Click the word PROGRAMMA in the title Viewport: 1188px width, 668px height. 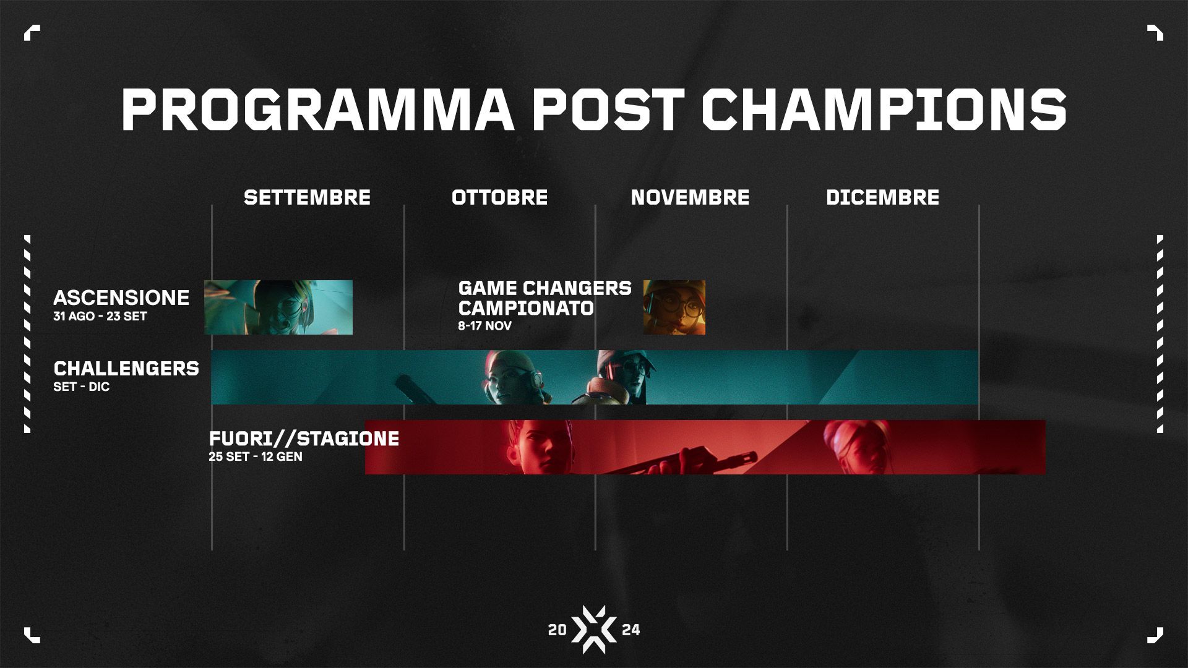pyautogui.click(x=317, y=109)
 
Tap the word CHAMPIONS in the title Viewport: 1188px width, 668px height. pyautogui.click(x=884, y=109)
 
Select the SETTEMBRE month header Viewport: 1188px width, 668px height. pyautogui.click(x=307, y=197)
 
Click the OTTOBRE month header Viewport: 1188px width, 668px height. pyautogui.click(x=499, y=197)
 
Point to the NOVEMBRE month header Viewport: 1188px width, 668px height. pyautogui.click(x=690, y=197)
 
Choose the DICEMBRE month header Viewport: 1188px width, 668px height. pyautogui.click(x=882, y=197)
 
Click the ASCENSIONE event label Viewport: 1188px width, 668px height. pyautogui.click(x=121, y=298)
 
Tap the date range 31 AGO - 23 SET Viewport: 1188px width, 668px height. pyautogui.click(x=100, y=316)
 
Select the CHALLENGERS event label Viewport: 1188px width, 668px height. pyautogui.click(x=126, y=368)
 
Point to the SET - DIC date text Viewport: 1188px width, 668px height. pyautogui.click(x=82, y=387)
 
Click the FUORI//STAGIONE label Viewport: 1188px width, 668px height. pyautogui.click(x=304, y=439)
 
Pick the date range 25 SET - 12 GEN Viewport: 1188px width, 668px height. pyautogui.click(x=256, y=457)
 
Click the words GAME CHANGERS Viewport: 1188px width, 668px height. pyautogui.click(x=544, y=288)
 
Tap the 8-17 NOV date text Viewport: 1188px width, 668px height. pyautogui.click(x=485, y=326)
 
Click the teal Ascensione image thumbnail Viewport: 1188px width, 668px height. pyautogui.click(x=278, y=307)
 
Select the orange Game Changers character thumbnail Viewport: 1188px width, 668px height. pyautogui.click(x=674, y=307)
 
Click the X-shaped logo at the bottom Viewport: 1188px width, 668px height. pyautogui.click(x=594, y=630)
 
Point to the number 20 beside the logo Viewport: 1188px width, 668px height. pyautogui.click(x=557, y=630)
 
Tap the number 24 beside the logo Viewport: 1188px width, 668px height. pyautogui.click(x=631, y=630)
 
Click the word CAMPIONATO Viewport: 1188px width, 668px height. pyautogui.click(x=526, y=307)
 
